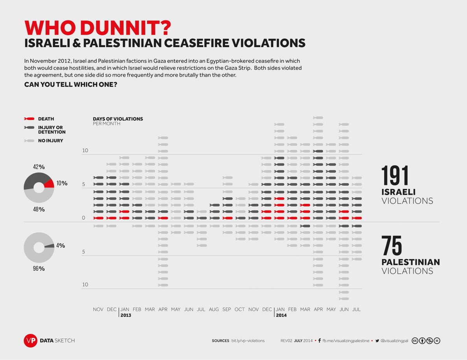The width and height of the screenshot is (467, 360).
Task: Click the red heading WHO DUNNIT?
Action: tap(98, 28)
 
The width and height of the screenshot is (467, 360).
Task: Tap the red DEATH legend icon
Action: tap(30, 119)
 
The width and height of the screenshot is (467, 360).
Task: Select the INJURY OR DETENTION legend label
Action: tap(50, 130)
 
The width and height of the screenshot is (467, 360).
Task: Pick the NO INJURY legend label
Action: tap(50, 140)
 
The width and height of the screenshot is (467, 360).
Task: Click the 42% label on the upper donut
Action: tap(39, 167)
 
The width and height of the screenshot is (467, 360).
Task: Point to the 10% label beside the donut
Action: tap(61, 183)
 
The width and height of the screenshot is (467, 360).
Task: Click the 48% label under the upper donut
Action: tap(39, 209)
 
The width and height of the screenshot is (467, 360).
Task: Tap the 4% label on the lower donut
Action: tap(60, 246)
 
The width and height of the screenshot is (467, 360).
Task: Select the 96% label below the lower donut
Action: tap(39, 269)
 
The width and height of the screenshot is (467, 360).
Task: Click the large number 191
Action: tap(395, 176)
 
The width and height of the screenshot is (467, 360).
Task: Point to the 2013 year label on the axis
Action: tap(126, 315)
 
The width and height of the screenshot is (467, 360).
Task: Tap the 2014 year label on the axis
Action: tap(281, 315)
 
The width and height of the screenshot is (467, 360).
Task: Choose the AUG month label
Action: tap(214, 309)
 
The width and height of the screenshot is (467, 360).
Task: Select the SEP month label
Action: tap(227, 309)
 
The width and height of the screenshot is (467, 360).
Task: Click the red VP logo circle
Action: tap(30, 341)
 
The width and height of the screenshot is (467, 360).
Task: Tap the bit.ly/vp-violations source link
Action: tap(248, 341)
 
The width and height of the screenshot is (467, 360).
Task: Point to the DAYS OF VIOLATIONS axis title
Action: tap(118, 119)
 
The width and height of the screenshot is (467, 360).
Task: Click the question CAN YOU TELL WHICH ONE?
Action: tap(71, 84)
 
